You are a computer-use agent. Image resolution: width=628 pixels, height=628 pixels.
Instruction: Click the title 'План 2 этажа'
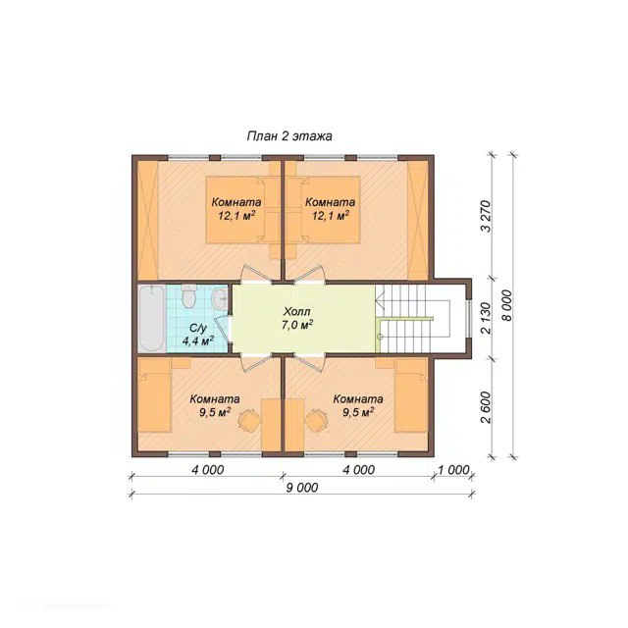289,136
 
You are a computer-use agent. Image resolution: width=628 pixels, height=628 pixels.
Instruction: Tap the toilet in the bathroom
189,295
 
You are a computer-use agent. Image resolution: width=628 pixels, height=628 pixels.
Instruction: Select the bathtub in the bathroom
151,318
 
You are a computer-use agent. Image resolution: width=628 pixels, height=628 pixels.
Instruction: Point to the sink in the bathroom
220,298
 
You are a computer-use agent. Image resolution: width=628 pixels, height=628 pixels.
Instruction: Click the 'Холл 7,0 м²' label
296,318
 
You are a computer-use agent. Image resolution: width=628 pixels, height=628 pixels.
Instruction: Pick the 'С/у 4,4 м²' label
198,335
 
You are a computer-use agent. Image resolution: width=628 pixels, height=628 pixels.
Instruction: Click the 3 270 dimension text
486,216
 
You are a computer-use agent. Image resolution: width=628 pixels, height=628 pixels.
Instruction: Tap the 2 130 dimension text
486,318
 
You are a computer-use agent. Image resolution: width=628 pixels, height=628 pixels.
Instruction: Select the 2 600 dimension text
486,407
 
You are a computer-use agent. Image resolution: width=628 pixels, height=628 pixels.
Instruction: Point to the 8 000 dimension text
507,305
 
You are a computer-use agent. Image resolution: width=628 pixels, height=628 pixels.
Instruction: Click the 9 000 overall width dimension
302,488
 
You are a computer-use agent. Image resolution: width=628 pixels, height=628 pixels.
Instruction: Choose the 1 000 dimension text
453,469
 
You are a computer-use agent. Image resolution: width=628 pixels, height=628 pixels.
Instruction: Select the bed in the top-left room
242,210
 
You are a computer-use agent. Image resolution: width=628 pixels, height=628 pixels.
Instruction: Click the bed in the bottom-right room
411,395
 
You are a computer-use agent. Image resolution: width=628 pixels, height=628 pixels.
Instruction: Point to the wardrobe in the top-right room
417,220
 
